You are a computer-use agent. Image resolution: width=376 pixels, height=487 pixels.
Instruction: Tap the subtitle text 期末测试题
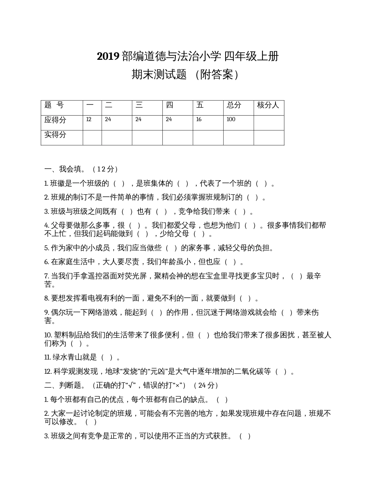(159, 74)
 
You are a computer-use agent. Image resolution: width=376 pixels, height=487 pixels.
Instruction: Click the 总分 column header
(234, 105)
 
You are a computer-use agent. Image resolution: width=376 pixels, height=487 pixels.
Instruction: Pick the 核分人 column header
(268, 105)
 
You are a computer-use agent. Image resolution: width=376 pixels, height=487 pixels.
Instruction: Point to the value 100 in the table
(231, 119)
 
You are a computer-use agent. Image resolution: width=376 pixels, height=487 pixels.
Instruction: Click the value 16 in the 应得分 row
(199, 119)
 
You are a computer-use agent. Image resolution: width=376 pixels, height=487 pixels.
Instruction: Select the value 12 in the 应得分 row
(88, 119)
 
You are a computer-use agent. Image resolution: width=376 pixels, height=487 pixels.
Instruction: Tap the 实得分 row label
(55, 135)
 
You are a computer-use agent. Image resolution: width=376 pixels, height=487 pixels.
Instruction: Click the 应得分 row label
(55, 120)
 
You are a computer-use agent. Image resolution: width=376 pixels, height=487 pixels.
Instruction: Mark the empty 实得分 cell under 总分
(238, 137)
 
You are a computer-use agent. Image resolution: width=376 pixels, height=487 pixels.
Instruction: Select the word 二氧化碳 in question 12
(248, 371)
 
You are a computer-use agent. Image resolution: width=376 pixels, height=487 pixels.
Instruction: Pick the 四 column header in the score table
(169, 105)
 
